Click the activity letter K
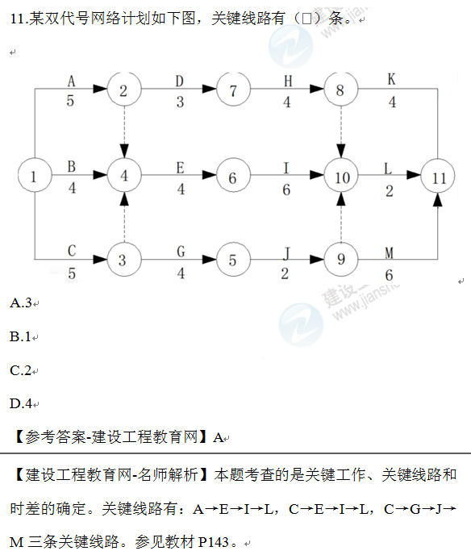[x=391, y=79]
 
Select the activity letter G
[x=181, y=252]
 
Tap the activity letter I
[x=286, y=168]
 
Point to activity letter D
[x=180, y=81]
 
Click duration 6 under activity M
[x=389, y=275]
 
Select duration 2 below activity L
[x=390, y=191]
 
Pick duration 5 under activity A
[x=70, y=101]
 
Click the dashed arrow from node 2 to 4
[x=124, y=132]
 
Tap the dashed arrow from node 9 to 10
[x=341, y=218]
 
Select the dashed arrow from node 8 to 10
[x=341, y=132]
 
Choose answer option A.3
[x=21, y=303]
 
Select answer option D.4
[x=21, y=403]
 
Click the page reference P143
[x=214, y=542]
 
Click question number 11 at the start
[x=17, y=19]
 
